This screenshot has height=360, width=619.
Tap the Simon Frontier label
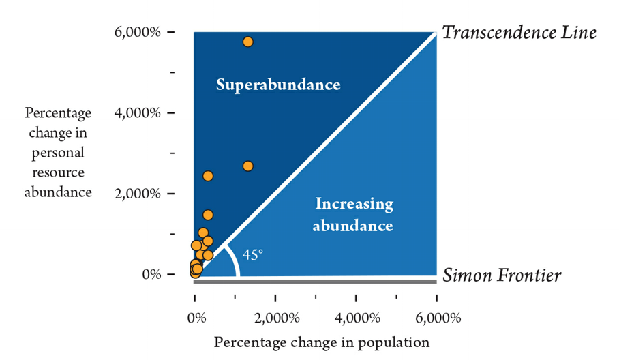click(x=502, y=275)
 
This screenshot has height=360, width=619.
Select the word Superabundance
click(x=278, y=85)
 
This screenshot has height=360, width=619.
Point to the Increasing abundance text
click(x=353, y=214)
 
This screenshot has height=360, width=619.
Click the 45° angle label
click(x=253, y=255)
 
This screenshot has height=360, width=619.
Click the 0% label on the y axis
click(x=151, y=274)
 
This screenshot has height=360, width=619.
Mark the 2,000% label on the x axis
click(x=276, y=318)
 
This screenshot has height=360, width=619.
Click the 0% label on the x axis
click(x=196, y=318)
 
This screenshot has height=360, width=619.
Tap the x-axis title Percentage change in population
click(x=322, y=342)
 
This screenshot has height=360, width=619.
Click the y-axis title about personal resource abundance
click(x=58, y=152)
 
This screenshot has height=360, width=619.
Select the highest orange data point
click(x=247, y=42)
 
